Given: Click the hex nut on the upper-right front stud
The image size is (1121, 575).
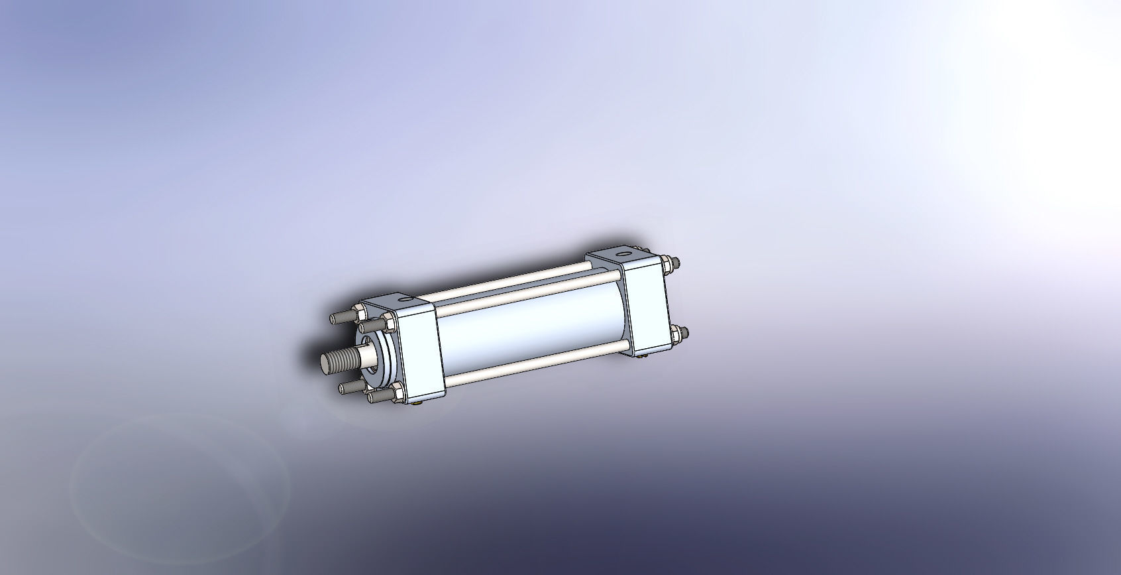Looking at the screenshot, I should pyautogui.click(x=388, y=323).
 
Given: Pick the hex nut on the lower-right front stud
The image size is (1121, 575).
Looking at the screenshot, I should pyautogui.click(x=398, y=393).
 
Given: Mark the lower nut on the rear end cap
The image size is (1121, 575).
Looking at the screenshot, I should pyautogui.click(x=677, y=334).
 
